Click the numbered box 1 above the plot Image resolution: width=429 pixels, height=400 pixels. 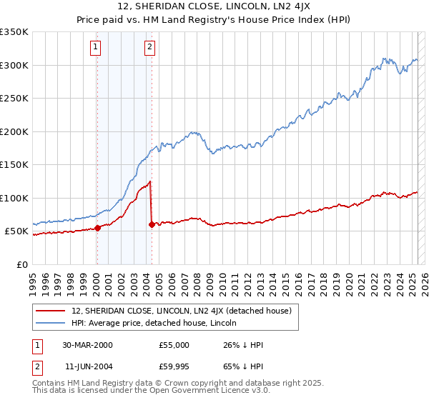(x=96, y=48)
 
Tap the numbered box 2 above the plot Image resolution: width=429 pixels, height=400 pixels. (x=149, y=48)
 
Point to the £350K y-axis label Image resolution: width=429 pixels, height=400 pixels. (x=14, y=32)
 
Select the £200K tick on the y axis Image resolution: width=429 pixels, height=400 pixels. (x=14, y=131)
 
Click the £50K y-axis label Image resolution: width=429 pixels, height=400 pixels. (x=17, y=231)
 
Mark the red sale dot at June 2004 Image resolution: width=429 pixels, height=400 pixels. (x=152, y=224)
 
